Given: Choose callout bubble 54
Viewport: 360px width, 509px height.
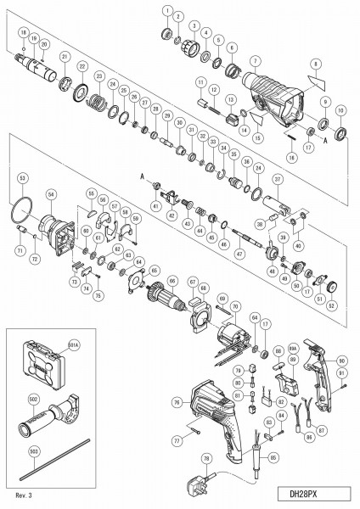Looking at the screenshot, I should pyautogui.click(x=50, y=194).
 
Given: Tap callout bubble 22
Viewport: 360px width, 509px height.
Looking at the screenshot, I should pyautogui.click(x=82, y=66).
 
